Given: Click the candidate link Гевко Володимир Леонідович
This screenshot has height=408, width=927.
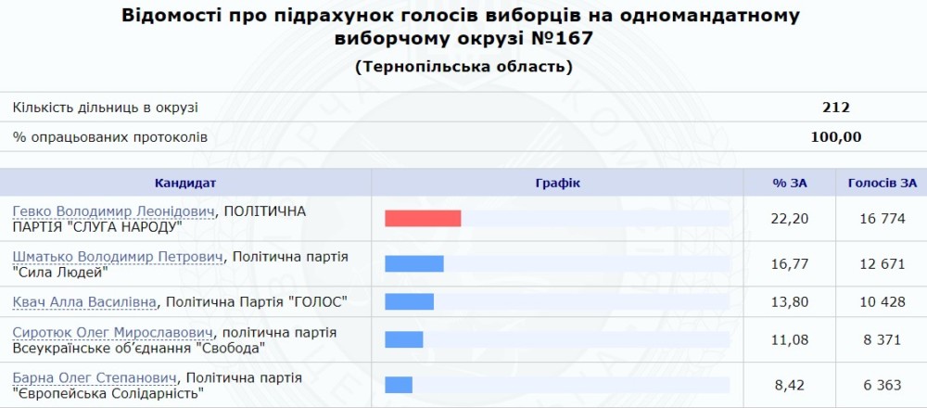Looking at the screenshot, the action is [x=113, y=211].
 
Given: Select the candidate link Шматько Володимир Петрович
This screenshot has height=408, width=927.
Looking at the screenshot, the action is [x=119, y=257].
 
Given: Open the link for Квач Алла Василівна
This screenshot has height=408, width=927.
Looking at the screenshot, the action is [x=84, y=302].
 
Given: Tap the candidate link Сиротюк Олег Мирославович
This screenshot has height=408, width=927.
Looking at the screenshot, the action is [x=113, y=332].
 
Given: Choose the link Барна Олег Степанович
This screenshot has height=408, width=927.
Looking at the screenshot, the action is [x=95, y=377].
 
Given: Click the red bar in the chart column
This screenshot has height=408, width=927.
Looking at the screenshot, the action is [x=423, y=218].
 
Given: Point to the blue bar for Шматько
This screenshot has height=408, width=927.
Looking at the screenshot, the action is [x=414, y=263].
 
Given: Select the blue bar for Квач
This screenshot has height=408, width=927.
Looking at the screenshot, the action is [x=409, y=301].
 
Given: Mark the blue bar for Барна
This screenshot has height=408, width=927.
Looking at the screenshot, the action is [x=399, y=385].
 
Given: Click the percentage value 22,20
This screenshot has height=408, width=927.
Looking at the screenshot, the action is [x=789, y=219].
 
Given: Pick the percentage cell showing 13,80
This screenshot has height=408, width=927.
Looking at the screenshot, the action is [x=789, y=302].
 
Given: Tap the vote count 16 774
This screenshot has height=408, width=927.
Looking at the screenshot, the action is [x=883, y=219].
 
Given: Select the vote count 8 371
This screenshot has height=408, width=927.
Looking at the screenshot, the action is [x=883, y=340].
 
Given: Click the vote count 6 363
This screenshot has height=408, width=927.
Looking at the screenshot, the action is [x=883, y=386].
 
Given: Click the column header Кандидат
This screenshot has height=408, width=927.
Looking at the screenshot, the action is [x=185, y=184].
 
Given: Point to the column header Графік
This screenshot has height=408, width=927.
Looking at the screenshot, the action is [x=557, y=184].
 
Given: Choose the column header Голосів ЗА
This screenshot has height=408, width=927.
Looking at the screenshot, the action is [x=883, y=184].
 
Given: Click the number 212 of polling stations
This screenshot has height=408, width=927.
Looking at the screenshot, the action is [x=836, y=108].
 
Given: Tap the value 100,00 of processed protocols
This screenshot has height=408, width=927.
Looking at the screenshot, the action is [x=836, y=138].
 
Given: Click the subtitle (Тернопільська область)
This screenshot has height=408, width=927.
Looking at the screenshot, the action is [x=464, y=67].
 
